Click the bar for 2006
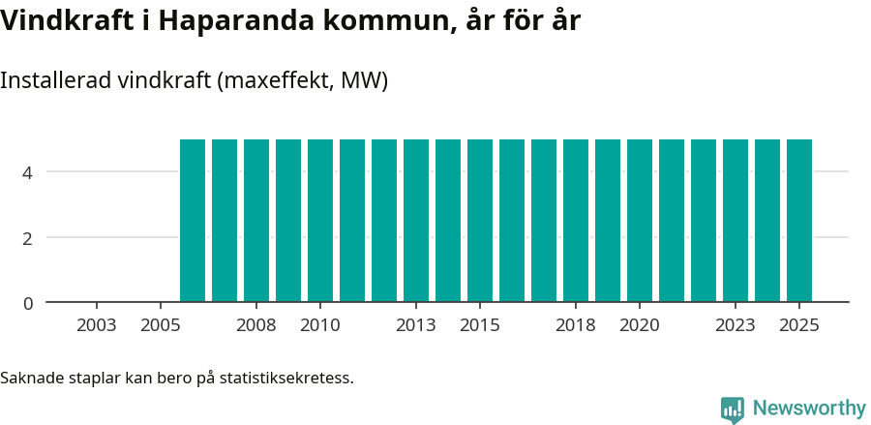click(193, 221)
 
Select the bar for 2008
click(256, 221)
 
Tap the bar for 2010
click(320, 221)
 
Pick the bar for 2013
click(416, 221)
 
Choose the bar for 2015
click(480, 221)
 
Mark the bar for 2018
click(576, 221)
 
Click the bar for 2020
click(640, 221)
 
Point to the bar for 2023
click(736, 221)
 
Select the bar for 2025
click(799, 221)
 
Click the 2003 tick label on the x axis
click(97, 325)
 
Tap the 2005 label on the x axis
click(161, 325)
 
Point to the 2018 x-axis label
click(576, 325)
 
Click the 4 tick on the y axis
click(27, 172)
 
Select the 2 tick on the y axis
click(27, 238)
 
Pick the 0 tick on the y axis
click(27, 303)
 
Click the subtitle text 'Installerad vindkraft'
click(105, 80)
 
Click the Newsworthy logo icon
click(733, 410)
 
